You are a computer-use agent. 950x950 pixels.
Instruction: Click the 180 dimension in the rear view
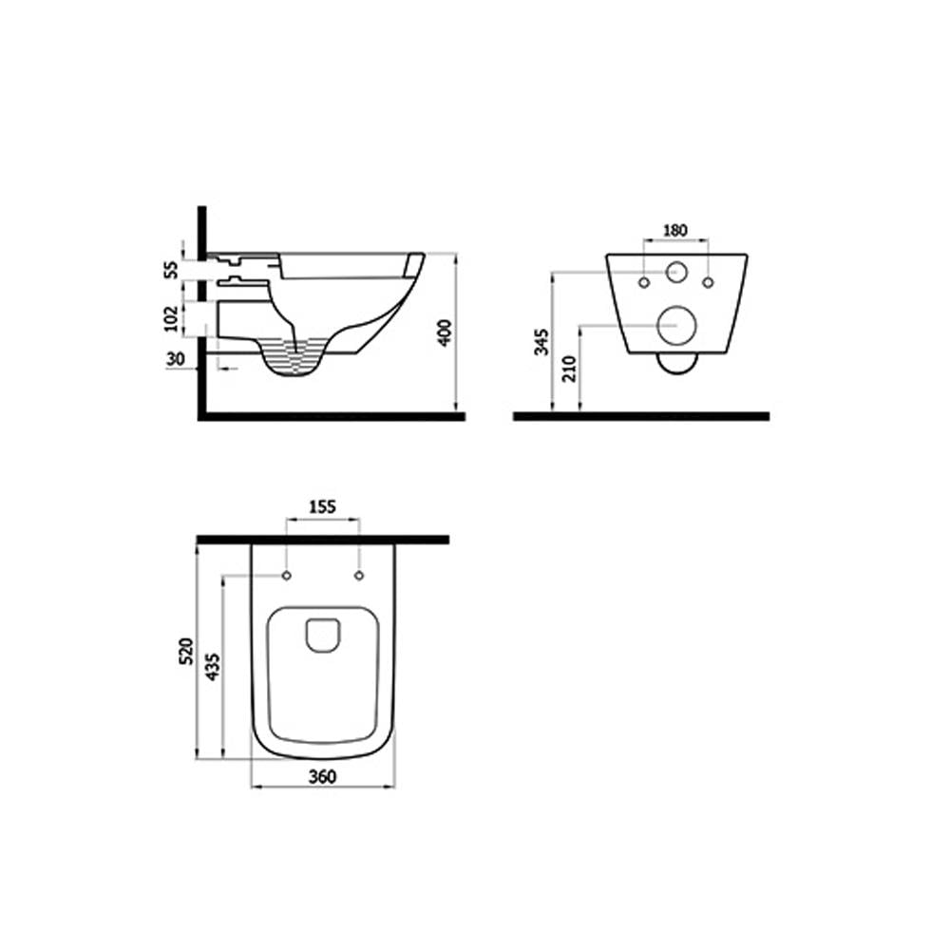pyautogui.click(x=674, y=231)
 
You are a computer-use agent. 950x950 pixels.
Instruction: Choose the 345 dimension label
pyautogui.click(x=541, y=339)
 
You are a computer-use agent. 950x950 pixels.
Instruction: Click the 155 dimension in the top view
pyautogui.click(x=322, y=508)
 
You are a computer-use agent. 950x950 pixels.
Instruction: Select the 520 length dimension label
pyautogui.click(x=187, y=651)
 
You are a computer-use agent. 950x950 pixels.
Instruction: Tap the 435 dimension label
pyautogui.click(x=214, y=668)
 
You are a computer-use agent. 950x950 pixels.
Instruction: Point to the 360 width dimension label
pyautogui.click(x=323, y=777)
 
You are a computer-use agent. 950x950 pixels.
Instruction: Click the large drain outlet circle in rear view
pyautogui.click(x=676, y=326)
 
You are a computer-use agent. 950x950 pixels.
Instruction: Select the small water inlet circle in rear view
pyautogui.click(x=676, y=271)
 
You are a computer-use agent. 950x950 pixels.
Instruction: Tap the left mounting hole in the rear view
pyautogui.click(x=644, y=282)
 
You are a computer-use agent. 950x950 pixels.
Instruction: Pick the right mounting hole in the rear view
pyautogui.click(x=708, y=282)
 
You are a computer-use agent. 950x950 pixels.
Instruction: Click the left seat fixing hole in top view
pyautogui.click(x=286, y=576)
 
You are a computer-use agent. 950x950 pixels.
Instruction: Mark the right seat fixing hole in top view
pyautogui.click(x=359, y=576)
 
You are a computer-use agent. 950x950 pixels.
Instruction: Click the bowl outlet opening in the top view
pyautogui.click(x=323, y=635)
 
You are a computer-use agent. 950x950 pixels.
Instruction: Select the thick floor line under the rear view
pyautogui.click(x=640, y=415)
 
